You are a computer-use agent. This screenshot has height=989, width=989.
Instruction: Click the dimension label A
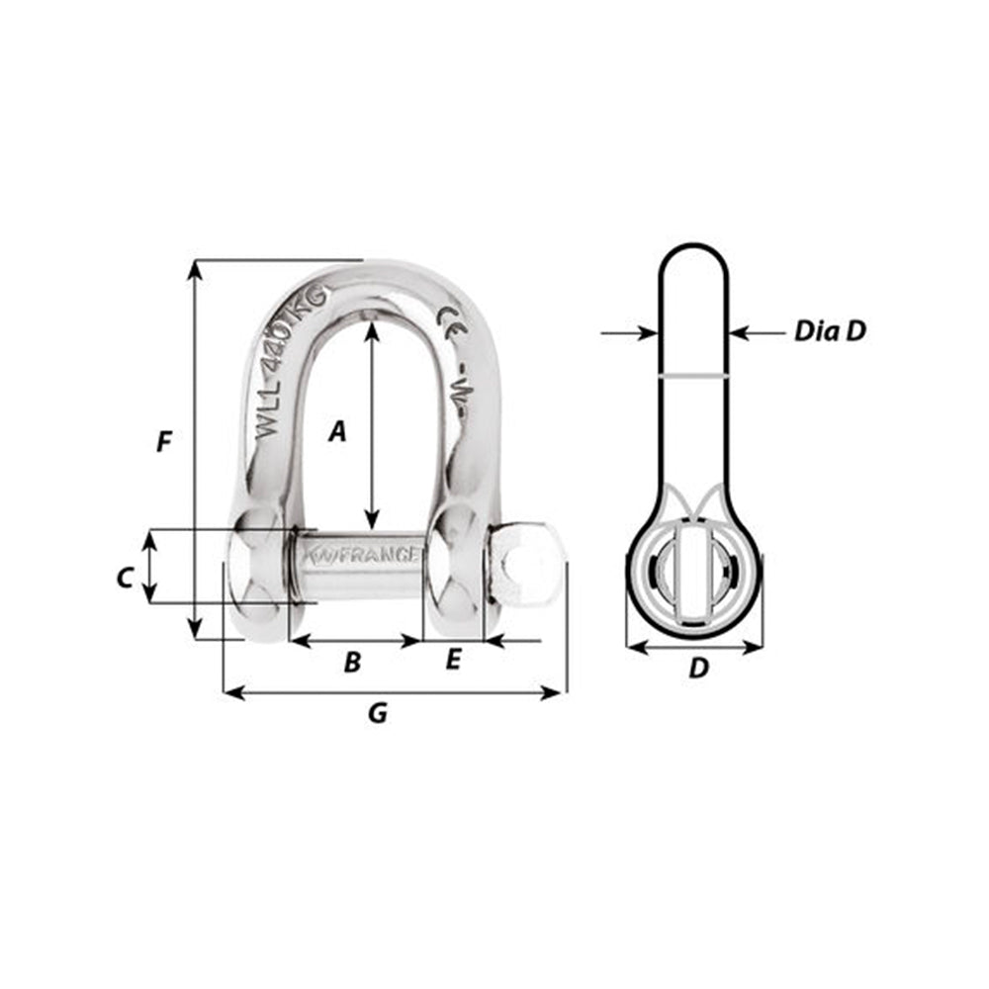[338, 431]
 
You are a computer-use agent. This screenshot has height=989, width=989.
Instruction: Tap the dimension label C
[125, 578]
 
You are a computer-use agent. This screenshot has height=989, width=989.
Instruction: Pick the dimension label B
[352, 662]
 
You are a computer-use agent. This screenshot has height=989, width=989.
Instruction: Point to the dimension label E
[453, 660]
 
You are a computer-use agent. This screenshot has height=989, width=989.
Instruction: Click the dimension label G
[377, 712]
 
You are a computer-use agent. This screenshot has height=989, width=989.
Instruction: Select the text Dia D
[830, 331]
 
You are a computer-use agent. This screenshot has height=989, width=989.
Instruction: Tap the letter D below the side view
[698, 669]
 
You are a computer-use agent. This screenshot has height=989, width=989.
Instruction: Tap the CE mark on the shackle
[448, 324]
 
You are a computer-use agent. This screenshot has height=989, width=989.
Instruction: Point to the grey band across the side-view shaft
[694, 377]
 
